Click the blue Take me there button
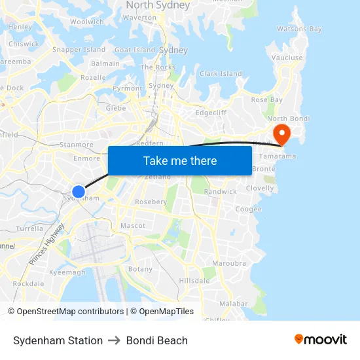pyautogui.click(x=180, y=160)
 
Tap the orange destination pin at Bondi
pyautogui.click(x=281, y=134)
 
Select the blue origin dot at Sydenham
pyautogui.click(x=78, y=191)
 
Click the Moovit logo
pyautogui.click(x=321, y=340)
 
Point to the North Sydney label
pyautogui.click(x=158, y=5)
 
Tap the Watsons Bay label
pyautogui.click(x=299, y=29)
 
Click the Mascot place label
pyautogui.click(x=133, y=225)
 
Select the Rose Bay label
pyautogui.click(x=267, y=99)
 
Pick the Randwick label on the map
pyautogui.click(x=221, y=192)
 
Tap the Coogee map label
pyautogui.click(x=248, y=209)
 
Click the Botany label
pyautogui.click(x=141, y=269)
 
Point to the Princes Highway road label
pyautogui.click(x=47, y=243)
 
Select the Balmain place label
pyautogui.click(x=105, y=63)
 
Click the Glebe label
pyautogui.click(x=116, y=108)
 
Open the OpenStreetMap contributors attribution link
pyautogui.click(x=70, y=312)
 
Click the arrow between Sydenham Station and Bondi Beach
pyautogui.click(x=115, y=340)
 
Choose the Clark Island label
pyautogui.click(x=221, y=74)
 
